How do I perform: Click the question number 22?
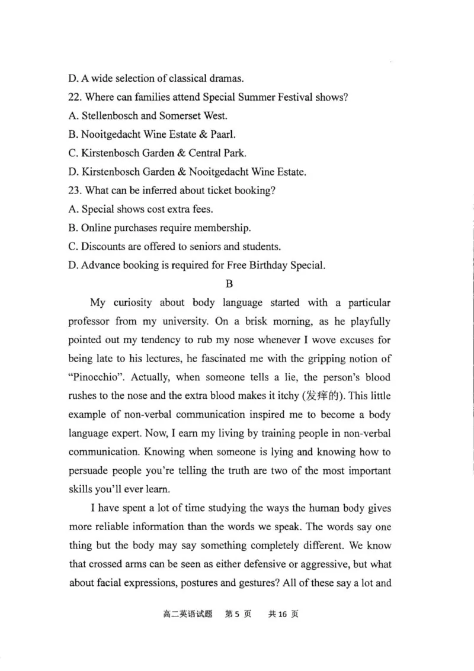click(x=75, y=96)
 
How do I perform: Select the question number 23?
click(x=75, y=190)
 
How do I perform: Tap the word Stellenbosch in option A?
click(x=111, y=115)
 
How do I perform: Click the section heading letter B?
click(x=230, y=283)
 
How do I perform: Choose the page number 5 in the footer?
click(x=236, y=614)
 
